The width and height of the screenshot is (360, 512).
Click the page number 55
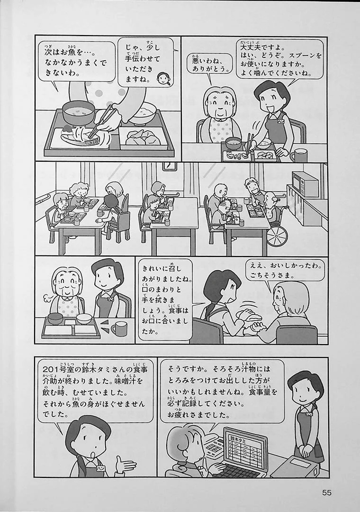click(x=326, y=492)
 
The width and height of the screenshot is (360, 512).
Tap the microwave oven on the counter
click(x=305, y=184)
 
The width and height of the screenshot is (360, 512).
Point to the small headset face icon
click(x=162, y=79)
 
